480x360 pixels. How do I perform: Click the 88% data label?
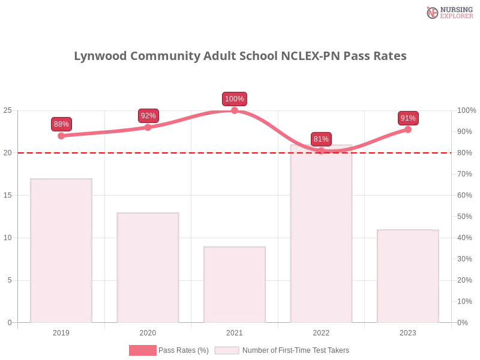(x=61, y=124)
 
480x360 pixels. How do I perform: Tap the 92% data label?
(x=148, y=116)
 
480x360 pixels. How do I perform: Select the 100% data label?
(x=234, y=99)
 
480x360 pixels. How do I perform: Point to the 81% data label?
(x=321, y=139)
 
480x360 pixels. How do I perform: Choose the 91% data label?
(x=408, y=118)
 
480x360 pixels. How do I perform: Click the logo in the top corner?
(x=448, y=12)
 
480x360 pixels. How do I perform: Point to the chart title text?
(x=240, y=57)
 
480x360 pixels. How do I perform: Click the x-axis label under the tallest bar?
(x=322, y=331)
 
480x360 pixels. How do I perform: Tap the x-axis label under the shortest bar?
(x=235, y=331)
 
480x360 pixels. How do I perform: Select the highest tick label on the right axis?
(x=466, y=110)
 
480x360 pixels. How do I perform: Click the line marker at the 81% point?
(x=321, y=151)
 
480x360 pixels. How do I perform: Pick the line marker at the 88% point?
(x=61, y=136)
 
